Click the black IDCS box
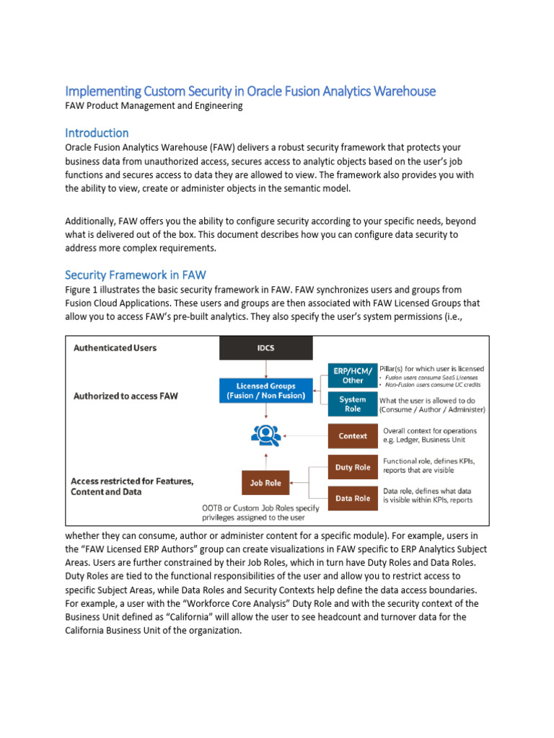click(x=266, y=348)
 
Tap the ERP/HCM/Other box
click(x=353, y=375)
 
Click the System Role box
click(x=353, y=404)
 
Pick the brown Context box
click(x=353, y=436)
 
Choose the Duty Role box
click(x=353, y=467)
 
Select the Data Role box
click(x=353, y=498)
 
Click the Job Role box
click(x=265, y=483)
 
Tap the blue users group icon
click(x=265, y=435)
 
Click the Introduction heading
click(x=97, y=133)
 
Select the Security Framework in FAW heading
click(x=135, y=275)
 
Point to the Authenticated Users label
click(x=115, y=347)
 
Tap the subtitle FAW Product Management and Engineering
click(x=154, y=106)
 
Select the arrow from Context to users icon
click(x=303, y=436)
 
